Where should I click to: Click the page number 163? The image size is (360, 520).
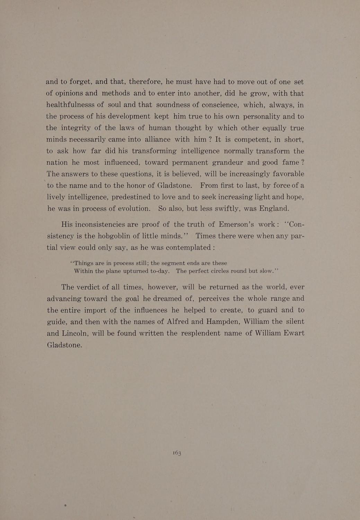point(177,453)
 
